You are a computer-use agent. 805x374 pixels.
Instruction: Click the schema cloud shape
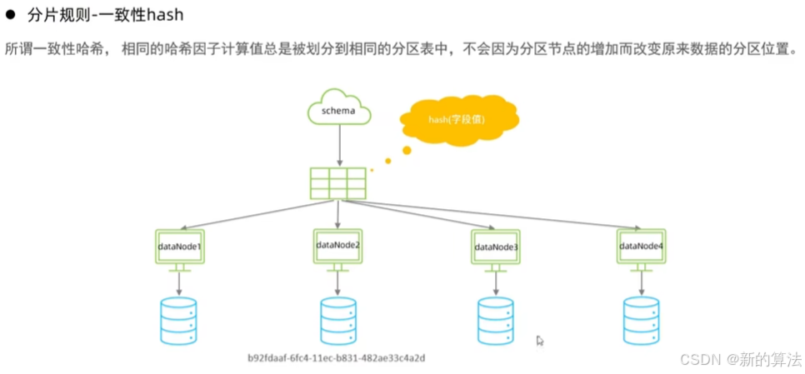point(338,110)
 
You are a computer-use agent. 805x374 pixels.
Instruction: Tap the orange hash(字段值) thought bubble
point(458,120)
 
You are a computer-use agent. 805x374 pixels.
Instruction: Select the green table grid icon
point(337,182)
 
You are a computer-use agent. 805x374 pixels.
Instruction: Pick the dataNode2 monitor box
point(337,244)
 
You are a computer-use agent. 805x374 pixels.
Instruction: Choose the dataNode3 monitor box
point(496,247)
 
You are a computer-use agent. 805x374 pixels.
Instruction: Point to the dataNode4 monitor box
point(642,245)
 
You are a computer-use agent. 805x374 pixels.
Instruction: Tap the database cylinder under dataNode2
point(337,321)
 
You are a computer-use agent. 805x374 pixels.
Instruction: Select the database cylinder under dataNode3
point(496,322)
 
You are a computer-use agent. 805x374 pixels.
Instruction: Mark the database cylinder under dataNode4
point(642,322)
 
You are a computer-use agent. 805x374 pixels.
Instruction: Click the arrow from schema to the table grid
point(338,145)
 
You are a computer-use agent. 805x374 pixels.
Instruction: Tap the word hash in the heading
point(165,15)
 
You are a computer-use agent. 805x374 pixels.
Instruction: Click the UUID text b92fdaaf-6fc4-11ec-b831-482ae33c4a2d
point(337,357)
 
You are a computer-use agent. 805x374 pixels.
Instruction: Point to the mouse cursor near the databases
point(540,341)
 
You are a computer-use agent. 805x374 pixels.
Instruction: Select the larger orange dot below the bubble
point(407,151)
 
